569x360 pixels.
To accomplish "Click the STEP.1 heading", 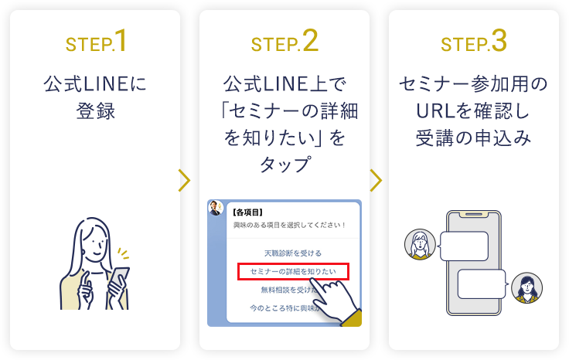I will [96, 42].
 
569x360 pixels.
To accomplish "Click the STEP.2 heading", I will [284, 42].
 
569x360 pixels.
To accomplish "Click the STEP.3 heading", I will [474, 42].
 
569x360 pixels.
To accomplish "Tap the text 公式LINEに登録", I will [96, 97].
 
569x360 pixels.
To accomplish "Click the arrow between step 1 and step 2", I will [185, 180].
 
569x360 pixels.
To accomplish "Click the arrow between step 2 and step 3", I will [376, 180].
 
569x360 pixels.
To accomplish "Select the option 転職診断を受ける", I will [282, 253].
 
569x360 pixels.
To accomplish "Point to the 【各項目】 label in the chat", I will [247, 211].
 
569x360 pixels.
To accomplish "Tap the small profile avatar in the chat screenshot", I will [216, 209].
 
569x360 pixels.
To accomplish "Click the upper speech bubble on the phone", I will [463, 246].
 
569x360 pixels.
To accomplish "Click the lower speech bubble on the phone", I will [482, 284].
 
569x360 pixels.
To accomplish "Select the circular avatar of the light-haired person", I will [419, 246].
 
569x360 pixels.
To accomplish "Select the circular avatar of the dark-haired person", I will [526, 287].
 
